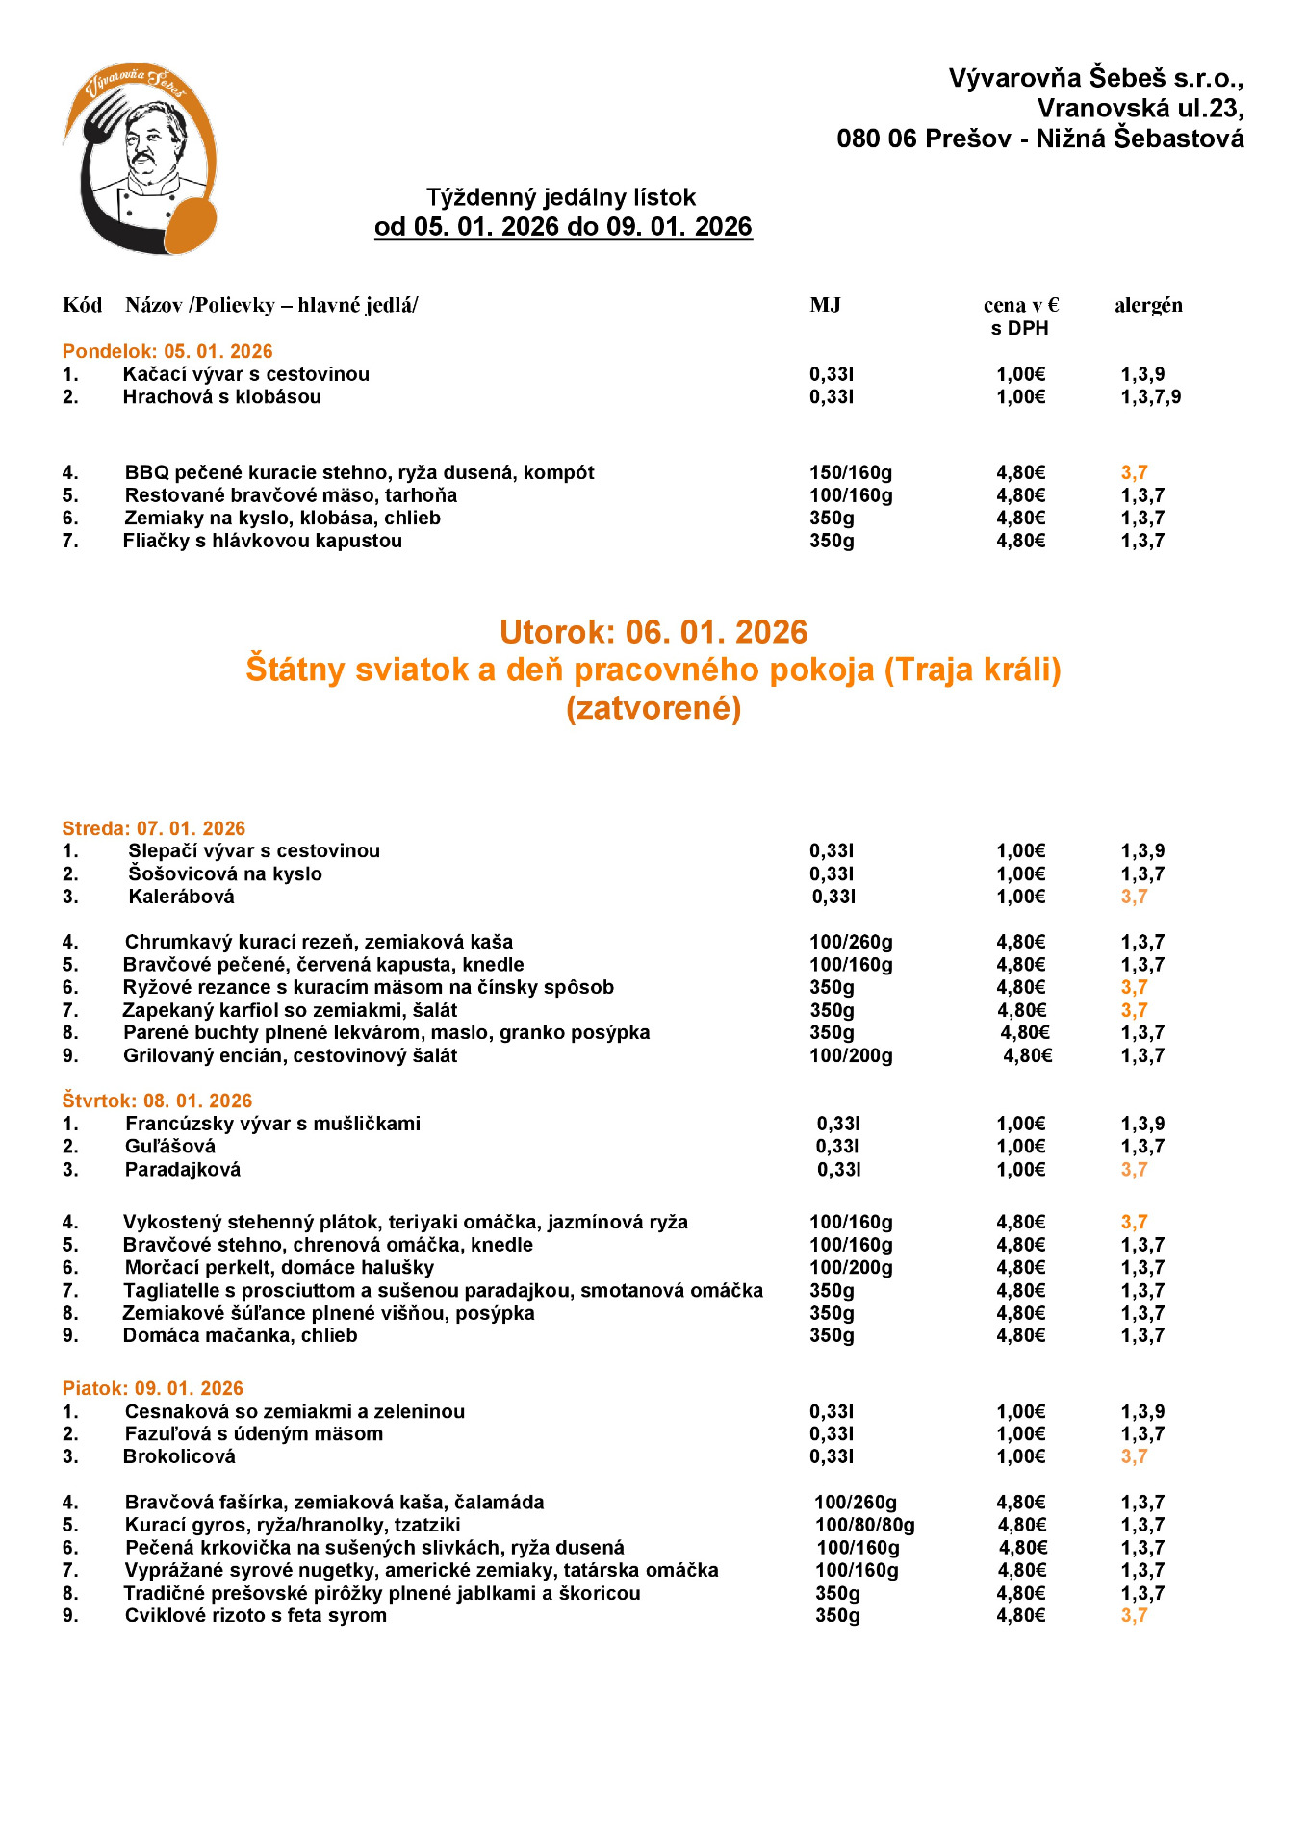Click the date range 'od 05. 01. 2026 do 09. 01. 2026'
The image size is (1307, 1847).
tap(563, 227)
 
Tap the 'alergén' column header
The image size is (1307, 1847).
tap(1148, 306)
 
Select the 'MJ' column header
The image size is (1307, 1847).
tap(825, 306)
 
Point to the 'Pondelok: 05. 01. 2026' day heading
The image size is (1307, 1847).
tap(167, 351)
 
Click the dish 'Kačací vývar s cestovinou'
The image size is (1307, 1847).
tap(246, 374)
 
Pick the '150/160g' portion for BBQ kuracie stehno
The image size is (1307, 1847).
tap(851, 472)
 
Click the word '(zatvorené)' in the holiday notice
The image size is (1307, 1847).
tap(653, 708)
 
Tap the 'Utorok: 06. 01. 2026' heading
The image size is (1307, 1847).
tap(653, 632)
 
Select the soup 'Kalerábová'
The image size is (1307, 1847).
tap(182, 897)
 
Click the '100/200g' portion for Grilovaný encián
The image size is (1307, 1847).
tap(851, 1055)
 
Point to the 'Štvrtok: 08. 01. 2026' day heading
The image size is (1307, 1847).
tap(157, 1101)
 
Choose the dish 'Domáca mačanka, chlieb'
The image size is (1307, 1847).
tap(241, 1335)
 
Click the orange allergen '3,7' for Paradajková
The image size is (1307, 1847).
tap(1134, 1170)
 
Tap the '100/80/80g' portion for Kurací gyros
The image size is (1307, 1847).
tap(865, 1525)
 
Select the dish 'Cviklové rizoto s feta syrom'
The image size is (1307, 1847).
tap(256, 1615)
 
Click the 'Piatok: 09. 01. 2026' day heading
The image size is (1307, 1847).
tap(153, 1388)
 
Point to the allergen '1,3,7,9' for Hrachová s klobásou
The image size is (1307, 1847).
tap(1150, 396)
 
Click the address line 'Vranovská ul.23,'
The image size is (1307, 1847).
tap(1140, 108)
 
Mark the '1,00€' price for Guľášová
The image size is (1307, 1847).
tap(1020, 1147)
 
